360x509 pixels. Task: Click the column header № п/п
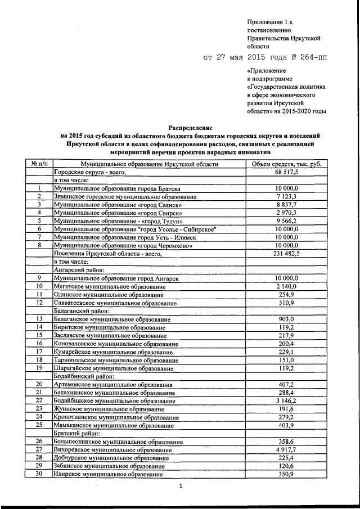click(39, 164)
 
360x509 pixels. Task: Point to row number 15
click(39, 335)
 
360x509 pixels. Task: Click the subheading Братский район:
click(76, 433)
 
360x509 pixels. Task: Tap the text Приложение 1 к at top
click(268, 20)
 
